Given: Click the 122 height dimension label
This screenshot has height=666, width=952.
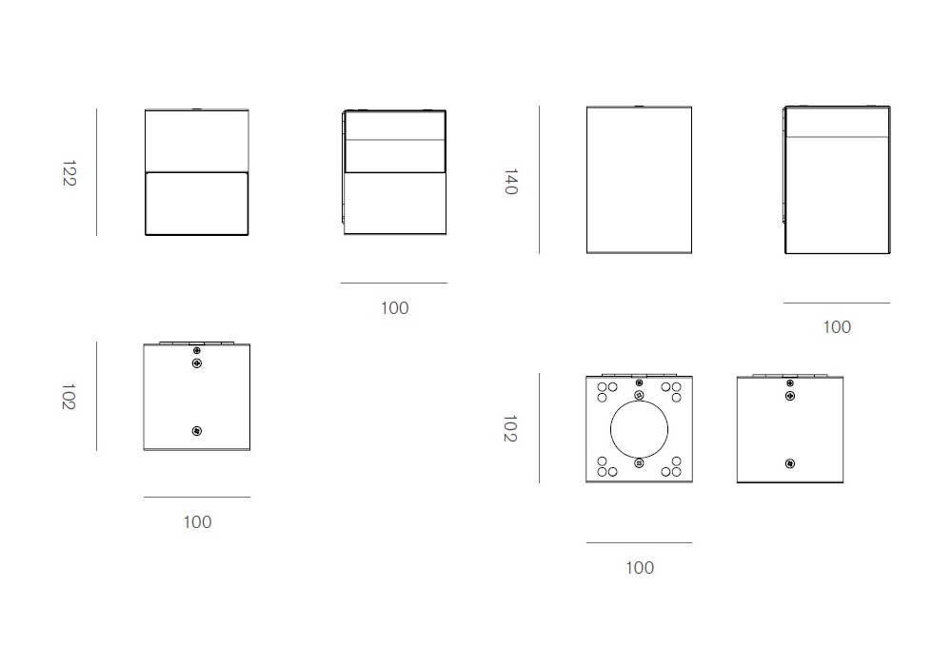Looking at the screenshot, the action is coord(69,173).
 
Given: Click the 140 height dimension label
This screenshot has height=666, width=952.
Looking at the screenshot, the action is coord(511,182).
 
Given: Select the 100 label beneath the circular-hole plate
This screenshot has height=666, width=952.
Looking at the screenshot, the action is coord(640,568).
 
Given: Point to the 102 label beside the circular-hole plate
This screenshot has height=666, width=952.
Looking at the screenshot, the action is coord(510,428).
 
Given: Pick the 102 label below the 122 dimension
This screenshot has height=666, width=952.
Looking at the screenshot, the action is coord(69,396).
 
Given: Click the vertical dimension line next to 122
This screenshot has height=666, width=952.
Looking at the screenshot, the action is coord(96,172).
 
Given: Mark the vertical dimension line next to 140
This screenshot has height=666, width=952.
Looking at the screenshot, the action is coord(539,180).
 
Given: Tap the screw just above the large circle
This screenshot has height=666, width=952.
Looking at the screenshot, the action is coord(640,396).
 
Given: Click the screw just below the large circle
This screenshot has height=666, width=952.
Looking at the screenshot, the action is coord(640,463).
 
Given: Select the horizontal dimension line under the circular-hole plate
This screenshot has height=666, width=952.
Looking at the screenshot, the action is coord(640,543).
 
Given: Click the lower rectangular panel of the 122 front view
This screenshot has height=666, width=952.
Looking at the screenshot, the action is coord(197,204).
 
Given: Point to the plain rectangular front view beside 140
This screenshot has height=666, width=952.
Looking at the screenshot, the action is coord(640,180).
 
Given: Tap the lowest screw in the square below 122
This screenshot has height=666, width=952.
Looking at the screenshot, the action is coord(197,431).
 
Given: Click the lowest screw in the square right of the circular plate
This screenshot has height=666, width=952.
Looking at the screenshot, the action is coord(790,464).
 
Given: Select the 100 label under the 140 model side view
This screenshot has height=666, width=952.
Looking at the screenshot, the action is coord(837,327).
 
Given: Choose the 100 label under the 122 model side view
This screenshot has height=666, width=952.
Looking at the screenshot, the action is coord(395,308).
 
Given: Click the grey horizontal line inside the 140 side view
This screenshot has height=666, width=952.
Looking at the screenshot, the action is coord(837,137).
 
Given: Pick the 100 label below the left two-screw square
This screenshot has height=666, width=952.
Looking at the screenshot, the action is coord(197,522).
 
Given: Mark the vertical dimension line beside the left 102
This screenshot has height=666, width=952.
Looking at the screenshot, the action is coord(96,396).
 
